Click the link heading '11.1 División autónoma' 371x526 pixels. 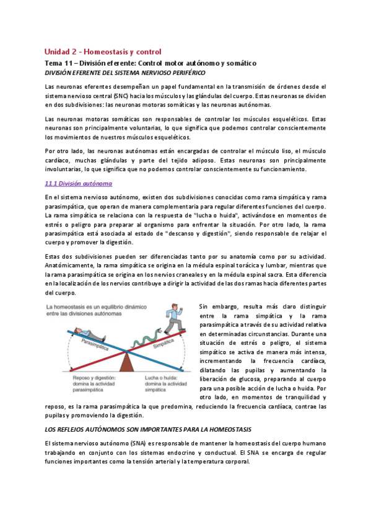point(78,183)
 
